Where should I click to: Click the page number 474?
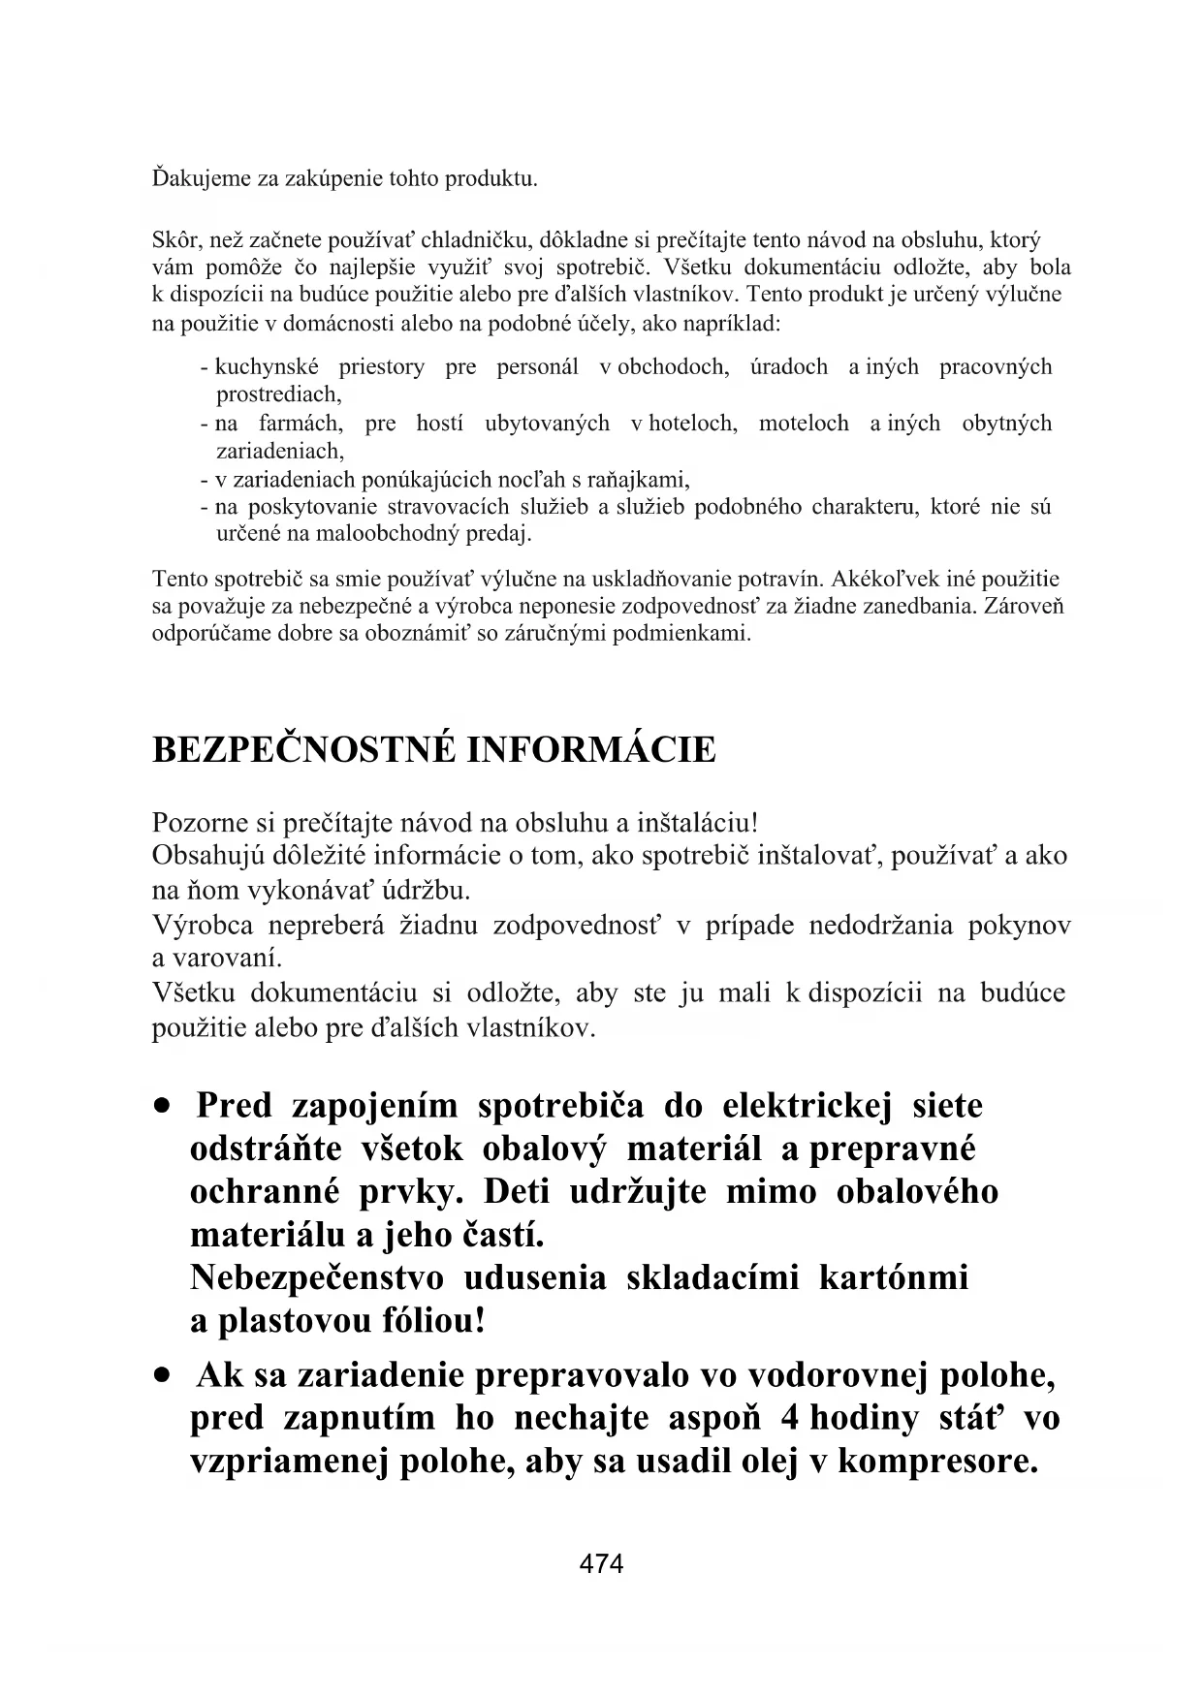pyautogui.click(x=601, y=1563)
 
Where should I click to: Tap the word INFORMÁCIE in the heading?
pyautogui.click(x=591, y=750)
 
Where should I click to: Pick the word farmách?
pyautogui.click(x=301, y=424)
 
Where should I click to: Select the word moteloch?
pyautogui.click(x=804, y=424)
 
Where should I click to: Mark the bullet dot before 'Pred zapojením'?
pyautogui.click(x=168, y=1107)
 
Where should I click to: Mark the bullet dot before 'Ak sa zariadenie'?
pyautogui.click(x=168, y=1376)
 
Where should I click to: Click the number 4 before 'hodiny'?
pyautogui.click(x=789, y=1418)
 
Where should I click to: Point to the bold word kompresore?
pyautogui.click(x=936, y=1461)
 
